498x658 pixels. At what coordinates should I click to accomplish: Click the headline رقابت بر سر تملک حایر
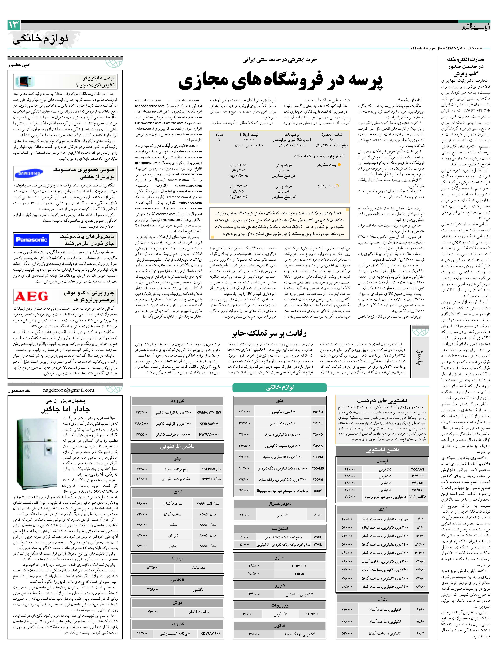click(x=269, y=333)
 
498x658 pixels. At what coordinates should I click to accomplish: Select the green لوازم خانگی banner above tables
click(x=280, y=387)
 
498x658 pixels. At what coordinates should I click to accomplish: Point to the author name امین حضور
click(x=19, y=65)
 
